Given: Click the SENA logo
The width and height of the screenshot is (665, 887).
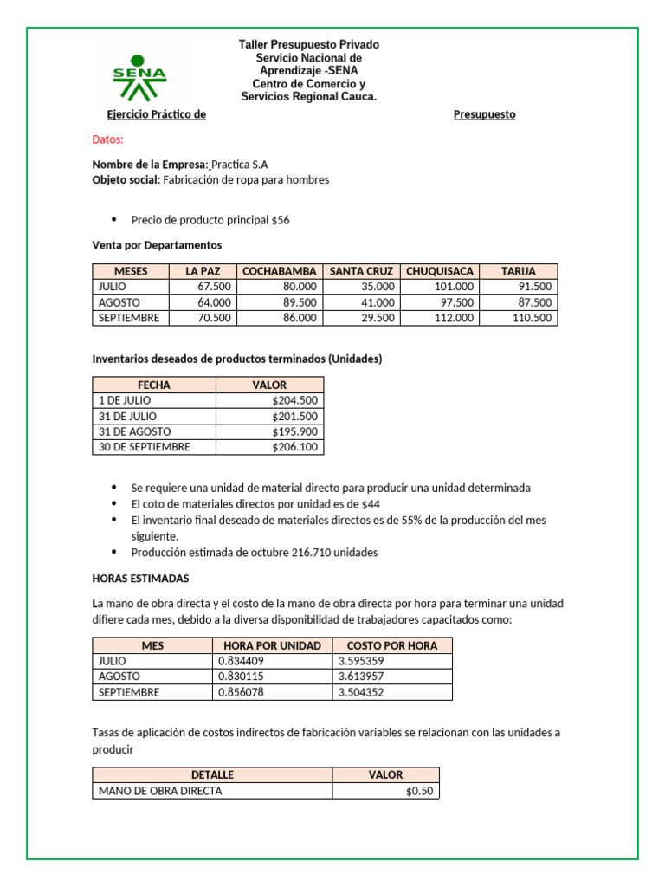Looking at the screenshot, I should [x=139, y=77].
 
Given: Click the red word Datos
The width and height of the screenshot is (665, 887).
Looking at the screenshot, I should [x=108, y=139].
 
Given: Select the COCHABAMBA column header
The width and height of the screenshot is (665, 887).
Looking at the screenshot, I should [x=279, y=271].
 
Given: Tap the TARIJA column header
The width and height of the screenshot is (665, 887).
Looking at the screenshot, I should [x=518, y=271].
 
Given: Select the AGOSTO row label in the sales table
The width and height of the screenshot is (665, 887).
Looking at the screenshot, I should [x=119, y=302].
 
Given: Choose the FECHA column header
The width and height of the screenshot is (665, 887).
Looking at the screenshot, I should [x=154, y=385].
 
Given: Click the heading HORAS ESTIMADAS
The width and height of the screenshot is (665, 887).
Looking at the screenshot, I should [x=140, y=578].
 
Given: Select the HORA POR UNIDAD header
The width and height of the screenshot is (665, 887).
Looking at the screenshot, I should [x=272, y=645].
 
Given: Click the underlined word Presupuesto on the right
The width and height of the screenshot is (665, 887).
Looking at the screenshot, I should [x=484, y=114].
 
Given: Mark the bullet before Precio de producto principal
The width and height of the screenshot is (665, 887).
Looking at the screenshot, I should [x=113, y=219].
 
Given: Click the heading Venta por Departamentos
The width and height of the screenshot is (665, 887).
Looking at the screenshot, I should [x=157, y=245].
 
